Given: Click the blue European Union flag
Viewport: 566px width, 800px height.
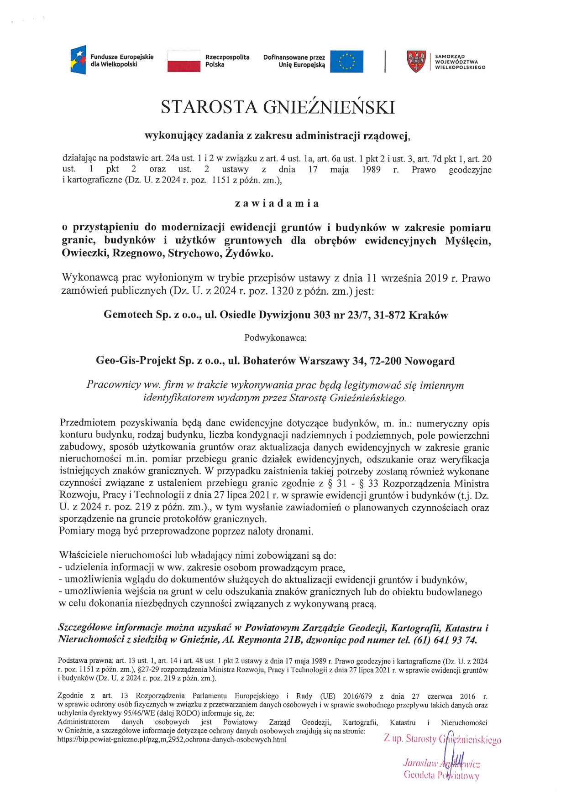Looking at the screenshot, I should coord(346,61).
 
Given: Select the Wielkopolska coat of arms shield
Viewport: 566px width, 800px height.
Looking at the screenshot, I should coord(416,62).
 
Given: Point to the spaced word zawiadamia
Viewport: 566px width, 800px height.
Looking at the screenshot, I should coord(277,203).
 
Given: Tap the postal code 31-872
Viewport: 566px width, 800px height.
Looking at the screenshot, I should coord(389,315).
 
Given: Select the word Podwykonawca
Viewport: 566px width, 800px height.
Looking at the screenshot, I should coord(275,338).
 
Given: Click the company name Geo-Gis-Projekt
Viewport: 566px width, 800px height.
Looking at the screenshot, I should coord(136,361).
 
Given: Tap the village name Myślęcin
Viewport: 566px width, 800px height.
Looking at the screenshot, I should coord(468,241).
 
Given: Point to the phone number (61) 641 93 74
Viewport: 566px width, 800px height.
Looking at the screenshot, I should coord(445,640).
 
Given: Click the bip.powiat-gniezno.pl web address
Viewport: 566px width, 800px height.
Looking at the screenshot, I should coord(172,740).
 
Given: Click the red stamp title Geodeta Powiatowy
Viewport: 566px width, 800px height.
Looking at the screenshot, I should coord(441,775).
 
